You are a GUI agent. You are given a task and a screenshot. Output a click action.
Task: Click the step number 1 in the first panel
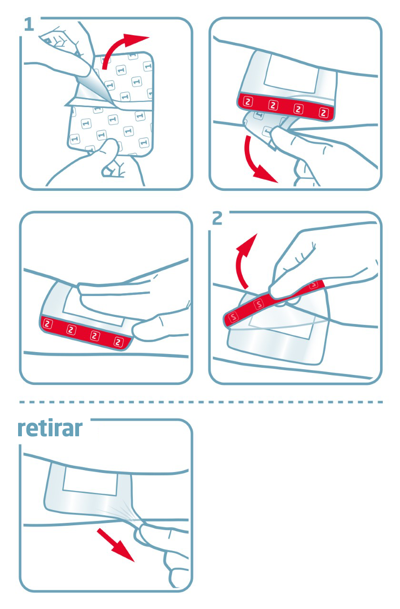coord(29,25)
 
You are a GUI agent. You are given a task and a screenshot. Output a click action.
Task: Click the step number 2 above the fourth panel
coord(217,218)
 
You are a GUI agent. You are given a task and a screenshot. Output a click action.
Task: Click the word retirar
coord(50,429)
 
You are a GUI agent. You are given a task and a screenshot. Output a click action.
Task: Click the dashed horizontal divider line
coord(200,402)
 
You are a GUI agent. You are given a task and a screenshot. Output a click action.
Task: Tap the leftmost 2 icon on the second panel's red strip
coord(248,101)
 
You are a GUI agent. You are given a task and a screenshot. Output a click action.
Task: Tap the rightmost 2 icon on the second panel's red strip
coord(324,113)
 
